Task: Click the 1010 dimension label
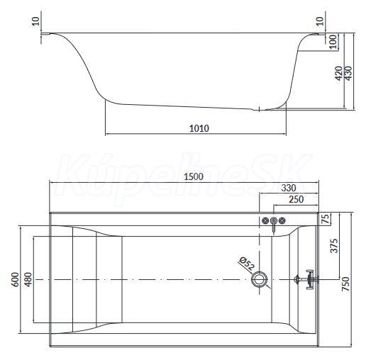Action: point(199,128)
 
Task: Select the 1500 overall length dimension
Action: point(194,176)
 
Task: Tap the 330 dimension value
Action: point(289,188)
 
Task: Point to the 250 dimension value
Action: point(296,199)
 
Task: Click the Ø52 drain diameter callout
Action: point(247,264)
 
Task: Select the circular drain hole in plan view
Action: point(260,279)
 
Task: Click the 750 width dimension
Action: point(345,284)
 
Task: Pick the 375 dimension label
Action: point(334,246)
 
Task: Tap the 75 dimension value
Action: point(326,219)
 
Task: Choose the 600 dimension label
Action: point(16,280)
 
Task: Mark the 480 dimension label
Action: point(28,280)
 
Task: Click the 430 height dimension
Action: point(348,73)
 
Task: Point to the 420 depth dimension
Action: point(339,73)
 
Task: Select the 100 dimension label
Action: point(333,42)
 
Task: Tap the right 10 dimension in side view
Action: point(320,22)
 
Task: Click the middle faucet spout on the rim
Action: point(274,225)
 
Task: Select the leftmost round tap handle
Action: point(265,221)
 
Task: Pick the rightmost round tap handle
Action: point(282,221)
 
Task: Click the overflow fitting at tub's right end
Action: point(306,279)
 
